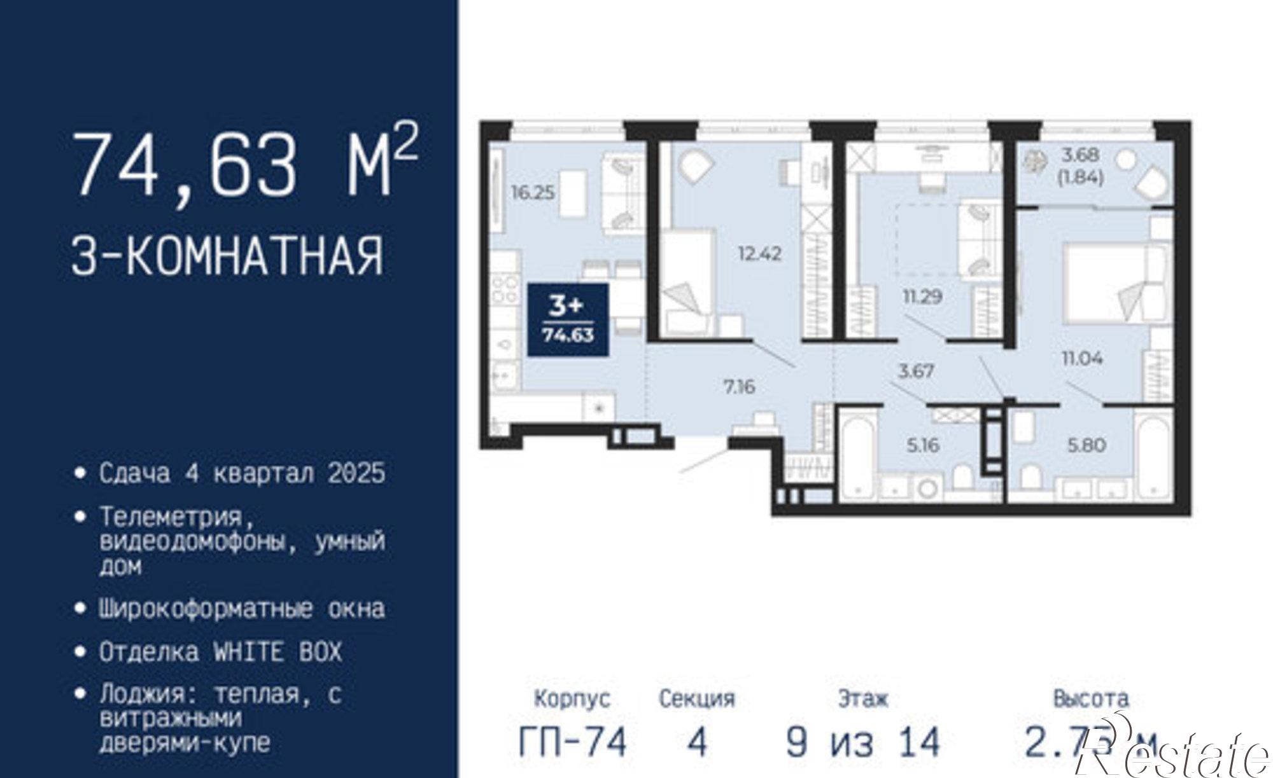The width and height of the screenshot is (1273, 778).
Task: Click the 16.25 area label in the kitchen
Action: pos(533,193)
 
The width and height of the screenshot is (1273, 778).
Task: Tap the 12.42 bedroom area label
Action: pos(759,254)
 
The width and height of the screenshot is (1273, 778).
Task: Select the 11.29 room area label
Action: pos(922,296)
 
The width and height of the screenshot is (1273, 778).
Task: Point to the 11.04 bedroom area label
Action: pos(1082,359)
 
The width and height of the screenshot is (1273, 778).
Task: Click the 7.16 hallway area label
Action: pos(740,387)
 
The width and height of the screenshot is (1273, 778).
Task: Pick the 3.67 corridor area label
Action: pos(915,372)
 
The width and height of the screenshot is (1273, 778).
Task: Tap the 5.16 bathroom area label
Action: pos(923,445)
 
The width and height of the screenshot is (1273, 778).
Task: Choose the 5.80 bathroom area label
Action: pos(1087,445)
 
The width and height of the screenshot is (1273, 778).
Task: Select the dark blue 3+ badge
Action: pos(567,320)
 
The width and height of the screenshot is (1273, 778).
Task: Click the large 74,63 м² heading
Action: pos(245,164)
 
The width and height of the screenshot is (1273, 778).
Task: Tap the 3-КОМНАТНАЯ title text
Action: pos(228,256)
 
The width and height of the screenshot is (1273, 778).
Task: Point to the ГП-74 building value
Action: pos(573,742)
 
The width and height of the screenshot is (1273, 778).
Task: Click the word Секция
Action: pos(697,699)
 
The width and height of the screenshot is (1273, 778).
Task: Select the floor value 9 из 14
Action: pos(863,742)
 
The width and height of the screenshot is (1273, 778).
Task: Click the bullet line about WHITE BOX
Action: pos(220,652)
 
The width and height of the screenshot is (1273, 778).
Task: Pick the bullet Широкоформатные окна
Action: pos(242,609)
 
